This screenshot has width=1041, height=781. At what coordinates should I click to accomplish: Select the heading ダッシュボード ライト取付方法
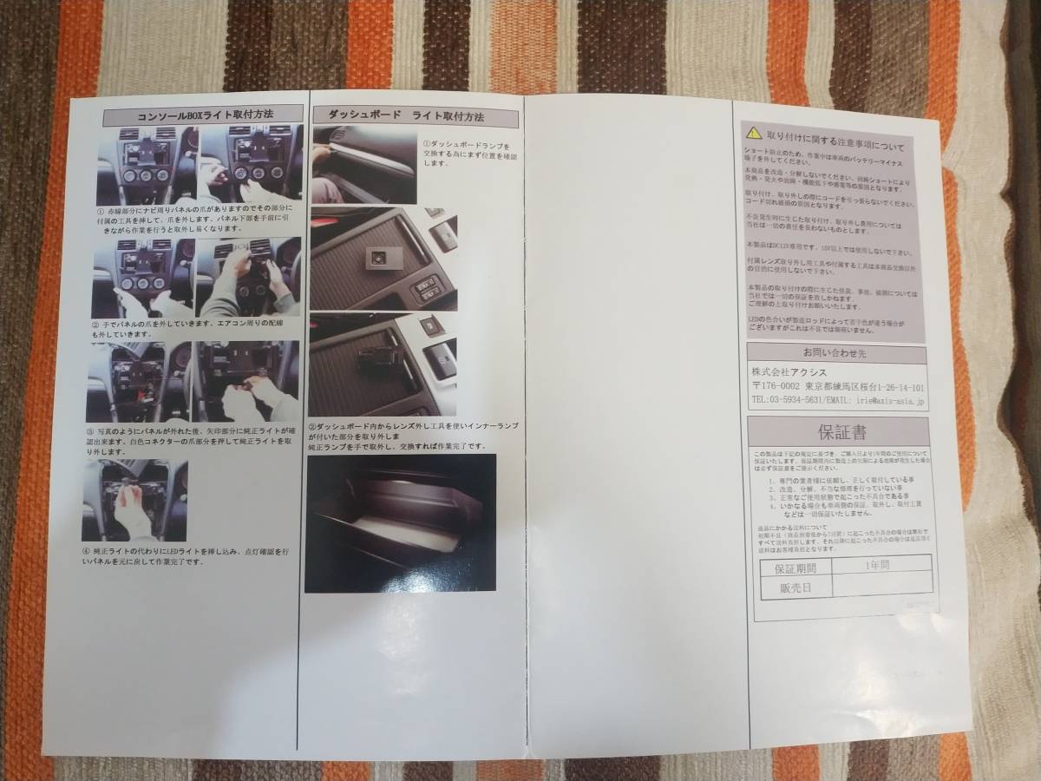[x=400, y=115]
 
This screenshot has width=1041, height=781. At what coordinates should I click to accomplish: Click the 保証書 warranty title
[x=840, y=431]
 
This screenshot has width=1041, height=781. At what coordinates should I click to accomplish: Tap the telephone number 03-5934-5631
[x=803, y=402]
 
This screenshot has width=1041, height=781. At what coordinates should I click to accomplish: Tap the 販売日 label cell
[x=795, y=588]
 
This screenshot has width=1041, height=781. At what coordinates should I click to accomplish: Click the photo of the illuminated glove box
[x=400, y=522]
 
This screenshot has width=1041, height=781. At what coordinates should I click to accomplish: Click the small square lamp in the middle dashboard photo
[x=377, y=258]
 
